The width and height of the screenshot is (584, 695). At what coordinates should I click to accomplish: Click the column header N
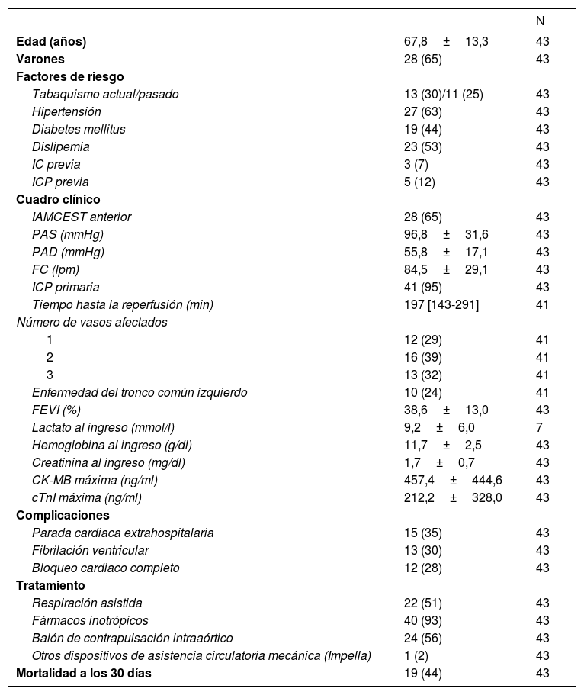[541, 21]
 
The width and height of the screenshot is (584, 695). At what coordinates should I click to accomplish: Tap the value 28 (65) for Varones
[422, 59]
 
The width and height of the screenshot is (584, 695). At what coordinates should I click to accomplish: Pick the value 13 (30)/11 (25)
[443, 94]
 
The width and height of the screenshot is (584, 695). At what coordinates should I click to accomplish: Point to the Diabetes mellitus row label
[79, 129]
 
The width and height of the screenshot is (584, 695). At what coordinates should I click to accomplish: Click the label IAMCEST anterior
[81, 217]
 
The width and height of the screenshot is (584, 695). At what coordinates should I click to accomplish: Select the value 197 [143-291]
[441, 304]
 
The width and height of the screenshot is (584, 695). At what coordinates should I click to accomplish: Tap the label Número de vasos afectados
[92, 322]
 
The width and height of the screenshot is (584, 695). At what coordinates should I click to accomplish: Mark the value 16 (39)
[422, 357]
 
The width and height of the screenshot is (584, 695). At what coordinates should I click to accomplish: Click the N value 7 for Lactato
[540, 427]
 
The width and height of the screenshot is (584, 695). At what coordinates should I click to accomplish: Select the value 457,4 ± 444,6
[452, 480]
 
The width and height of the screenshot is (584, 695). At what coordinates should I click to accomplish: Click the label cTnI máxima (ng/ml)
[87, 497]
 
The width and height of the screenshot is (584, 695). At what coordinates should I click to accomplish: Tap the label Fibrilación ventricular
[90, 550]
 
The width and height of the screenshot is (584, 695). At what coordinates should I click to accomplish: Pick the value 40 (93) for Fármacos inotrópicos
[422, 620]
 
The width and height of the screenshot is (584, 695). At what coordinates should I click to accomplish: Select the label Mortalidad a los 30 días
[88, 673]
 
